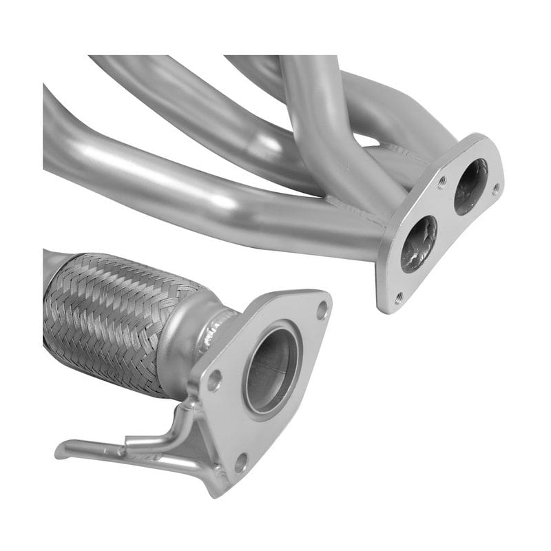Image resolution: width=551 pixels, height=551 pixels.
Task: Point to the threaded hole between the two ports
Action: click(x=441, y=183)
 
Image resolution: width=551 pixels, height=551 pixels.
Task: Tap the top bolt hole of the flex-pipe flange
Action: click(x=322, y=311)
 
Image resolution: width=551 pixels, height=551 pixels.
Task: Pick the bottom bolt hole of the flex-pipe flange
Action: click(x=240, y=463)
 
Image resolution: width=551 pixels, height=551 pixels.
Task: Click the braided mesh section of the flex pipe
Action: click(x=103, y=317)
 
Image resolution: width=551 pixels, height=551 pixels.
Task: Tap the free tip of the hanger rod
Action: click(x=62, y=451)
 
